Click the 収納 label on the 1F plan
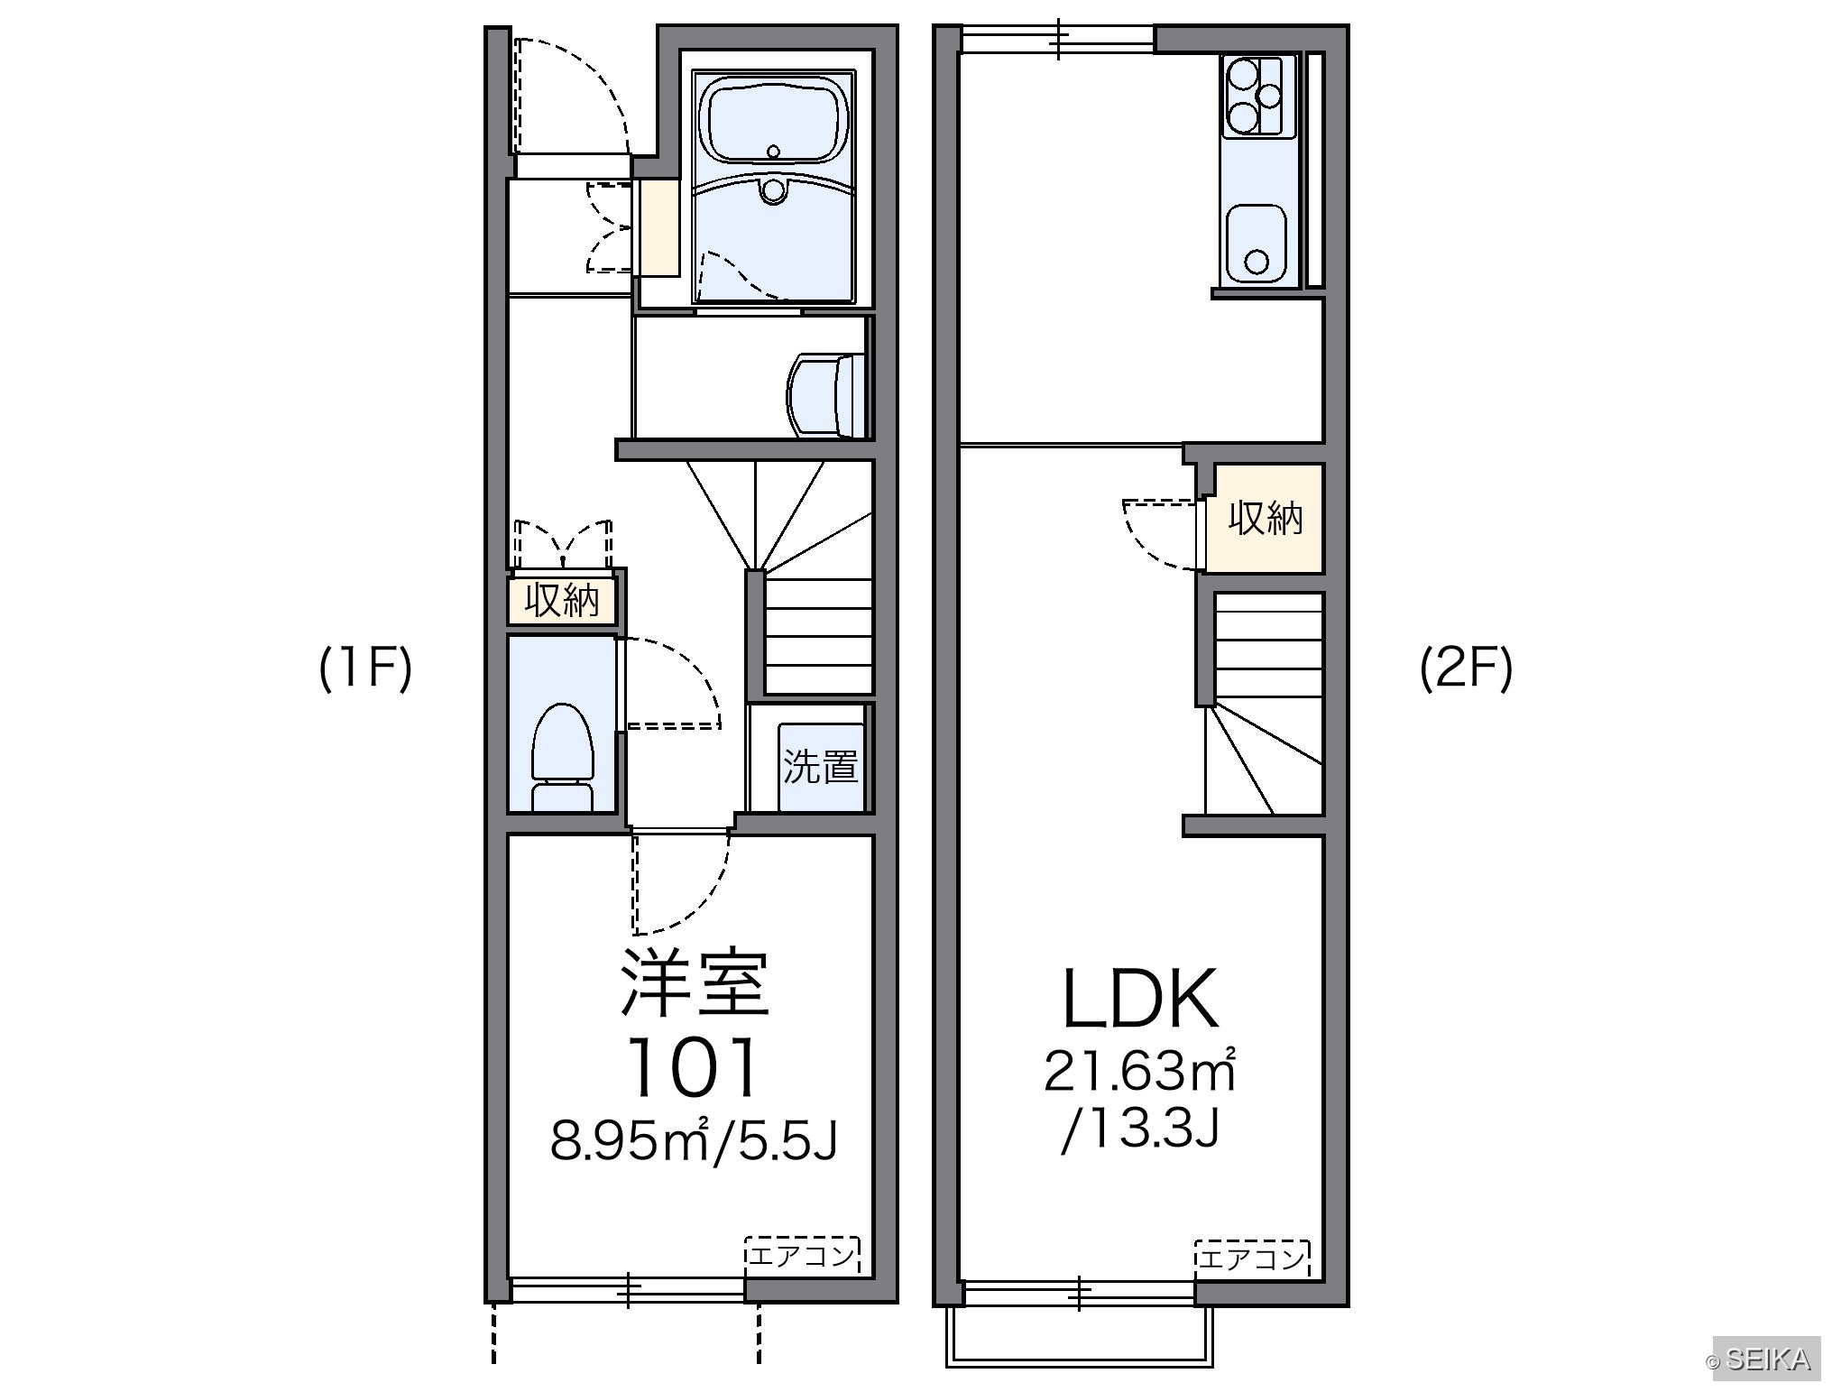pyautogui.click(x=562, y=600)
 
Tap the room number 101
pyautogui.click(x=693, y=1066)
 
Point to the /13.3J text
pyautogui.click(x=1140, y=1128)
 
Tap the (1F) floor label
pyautogui.click(x=365, y=669)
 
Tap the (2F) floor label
pyautogui.click(x=1466, y=669)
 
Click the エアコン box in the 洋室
pyautogui.click(x=803, y=1255)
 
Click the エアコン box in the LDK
pyautogui.click(x=1253, y=1257)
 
